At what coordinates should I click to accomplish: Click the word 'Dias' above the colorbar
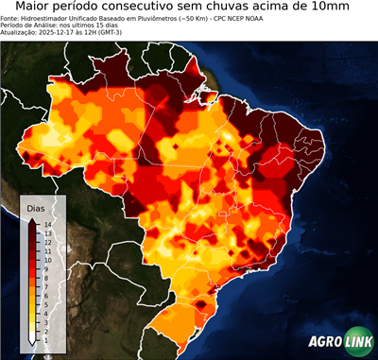tap(36, 207)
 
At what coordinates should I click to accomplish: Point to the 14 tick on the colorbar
tap(46, 224)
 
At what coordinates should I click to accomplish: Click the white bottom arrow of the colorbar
tap(34, 336)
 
